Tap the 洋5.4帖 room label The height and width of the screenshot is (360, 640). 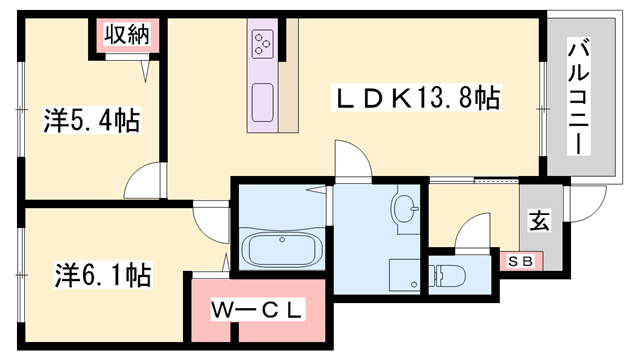tap(90, 122)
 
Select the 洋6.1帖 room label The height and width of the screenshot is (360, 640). tap(102, 273)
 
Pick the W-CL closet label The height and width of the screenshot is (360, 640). tap(256, 310)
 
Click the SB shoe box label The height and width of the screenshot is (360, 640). tap(521, 260)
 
